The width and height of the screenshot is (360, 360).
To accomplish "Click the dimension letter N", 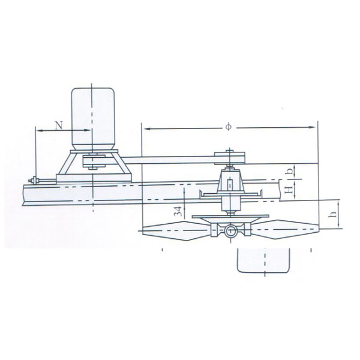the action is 59,125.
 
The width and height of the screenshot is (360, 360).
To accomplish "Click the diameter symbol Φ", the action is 229,127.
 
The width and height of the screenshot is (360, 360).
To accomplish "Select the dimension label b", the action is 290,171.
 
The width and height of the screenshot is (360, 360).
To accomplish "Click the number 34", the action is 178,211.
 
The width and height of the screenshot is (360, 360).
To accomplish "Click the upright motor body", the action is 93,119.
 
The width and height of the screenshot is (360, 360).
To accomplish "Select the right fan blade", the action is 284,229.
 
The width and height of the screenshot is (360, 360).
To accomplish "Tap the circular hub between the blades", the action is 230,232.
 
